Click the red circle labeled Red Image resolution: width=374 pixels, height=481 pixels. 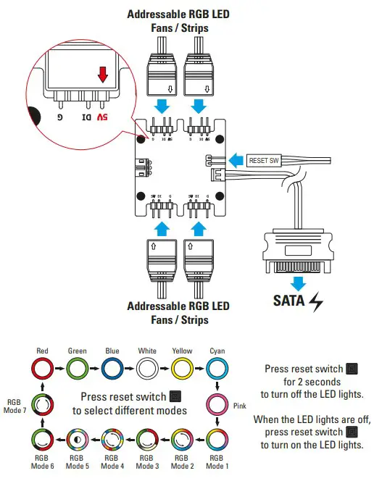click(43, 369)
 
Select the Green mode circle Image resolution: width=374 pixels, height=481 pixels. click(78, 369)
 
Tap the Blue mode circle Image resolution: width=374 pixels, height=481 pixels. click(112, 369)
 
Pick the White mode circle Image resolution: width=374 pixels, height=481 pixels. click(147, 369)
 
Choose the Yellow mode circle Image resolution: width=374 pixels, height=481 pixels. click(182, 369)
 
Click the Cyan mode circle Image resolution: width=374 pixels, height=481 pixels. click(217, 369)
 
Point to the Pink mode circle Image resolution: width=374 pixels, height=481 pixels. click(217, 404)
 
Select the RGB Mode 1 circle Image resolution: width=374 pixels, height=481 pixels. click(217, 440)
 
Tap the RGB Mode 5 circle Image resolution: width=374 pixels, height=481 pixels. click(78, 440)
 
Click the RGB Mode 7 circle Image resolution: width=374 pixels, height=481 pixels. click(43, 404)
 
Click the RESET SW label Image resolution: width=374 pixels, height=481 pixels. click(262, 161)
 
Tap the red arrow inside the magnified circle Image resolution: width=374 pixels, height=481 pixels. click(103, 75)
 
